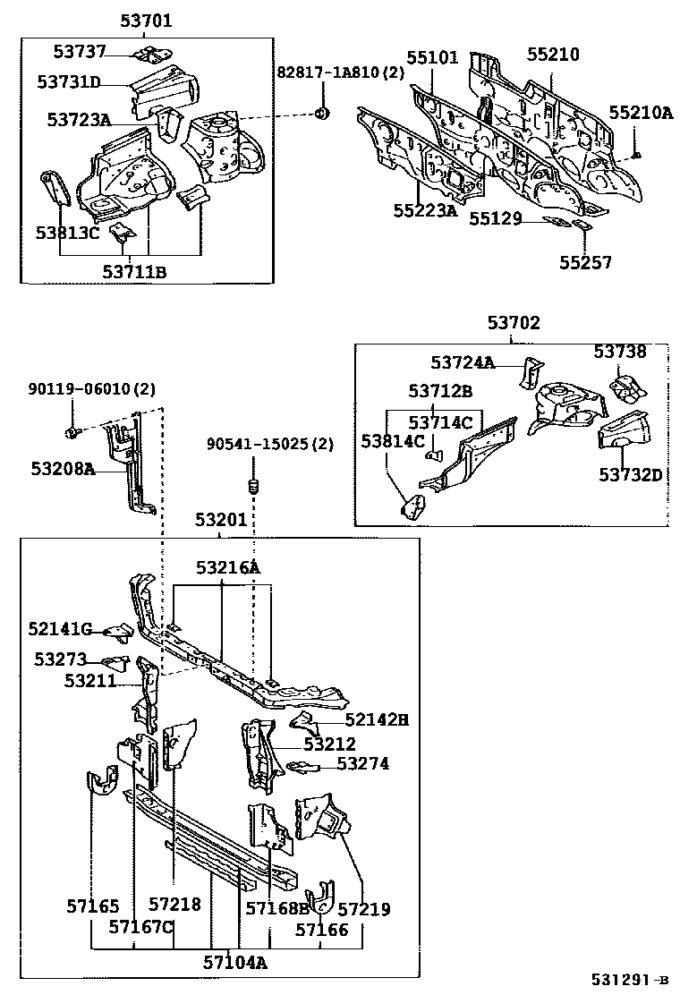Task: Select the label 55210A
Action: tap(641, 113)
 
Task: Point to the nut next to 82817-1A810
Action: tap(324, 113)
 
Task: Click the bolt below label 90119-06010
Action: tap(72, 433)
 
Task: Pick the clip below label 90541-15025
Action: tap(252, 487)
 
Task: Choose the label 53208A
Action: tap(63, 469)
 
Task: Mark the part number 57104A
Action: tap(234, 962)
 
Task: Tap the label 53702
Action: tap(513, 323)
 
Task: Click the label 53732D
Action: tap(630, 474)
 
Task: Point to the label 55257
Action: tap(586, 262)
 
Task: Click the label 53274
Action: tap(364, 763)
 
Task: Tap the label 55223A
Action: tap(424, 211)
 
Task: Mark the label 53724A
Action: tap(463, 363)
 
